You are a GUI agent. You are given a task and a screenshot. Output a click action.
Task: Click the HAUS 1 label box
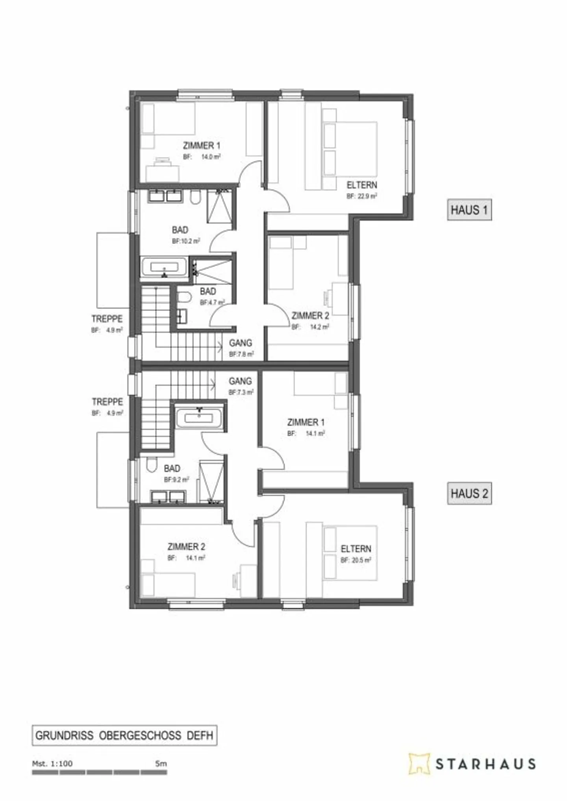[469, 209]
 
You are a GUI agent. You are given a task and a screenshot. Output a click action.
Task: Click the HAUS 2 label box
[469, 494]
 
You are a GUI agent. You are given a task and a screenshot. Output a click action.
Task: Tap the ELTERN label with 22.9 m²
[361, 185]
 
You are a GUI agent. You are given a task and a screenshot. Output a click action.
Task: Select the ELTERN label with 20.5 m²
[356, 549]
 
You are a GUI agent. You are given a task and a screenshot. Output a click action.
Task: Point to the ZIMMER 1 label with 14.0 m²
[201, 146]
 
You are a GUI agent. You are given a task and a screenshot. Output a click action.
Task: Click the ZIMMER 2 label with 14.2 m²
[310, 316]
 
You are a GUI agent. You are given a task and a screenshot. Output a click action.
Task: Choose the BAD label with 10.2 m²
[180, 230]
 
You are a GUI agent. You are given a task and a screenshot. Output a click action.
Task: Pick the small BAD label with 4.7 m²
[208, 292]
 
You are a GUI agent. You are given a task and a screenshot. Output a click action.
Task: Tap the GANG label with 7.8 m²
[240, 343]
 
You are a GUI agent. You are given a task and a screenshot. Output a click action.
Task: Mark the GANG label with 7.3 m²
[240, 381]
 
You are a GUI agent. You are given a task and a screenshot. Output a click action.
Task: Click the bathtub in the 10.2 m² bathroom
[165, 267]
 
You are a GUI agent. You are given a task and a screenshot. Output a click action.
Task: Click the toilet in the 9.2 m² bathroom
[152, 465]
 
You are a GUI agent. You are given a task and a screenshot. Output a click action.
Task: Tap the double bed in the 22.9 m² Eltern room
[350, 149]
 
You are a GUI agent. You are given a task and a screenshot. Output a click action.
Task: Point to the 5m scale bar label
[161, 764]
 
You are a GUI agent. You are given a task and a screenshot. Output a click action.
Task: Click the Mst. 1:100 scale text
[52, 764]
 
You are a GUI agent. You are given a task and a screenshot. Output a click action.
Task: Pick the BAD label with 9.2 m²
[172, 469]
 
